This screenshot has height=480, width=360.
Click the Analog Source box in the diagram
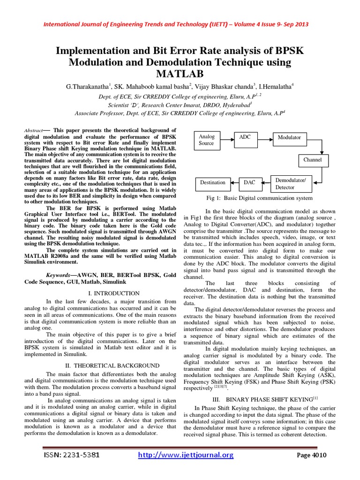206,140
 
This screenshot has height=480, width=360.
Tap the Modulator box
292,137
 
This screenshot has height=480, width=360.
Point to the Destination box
212,182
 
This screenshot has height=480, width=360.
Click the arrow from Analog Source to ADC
226,137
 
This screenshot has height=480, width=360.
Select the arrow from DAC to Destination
234,183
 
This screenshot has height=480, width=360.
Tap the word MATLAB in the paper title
180,74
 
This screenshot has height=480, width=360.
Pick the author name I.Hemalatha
274,87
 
